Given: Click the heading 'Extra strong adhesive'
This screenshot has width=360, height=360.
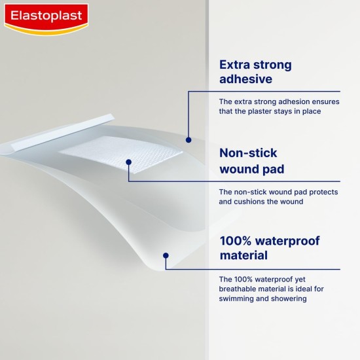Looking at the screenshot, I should [x=255, y=72].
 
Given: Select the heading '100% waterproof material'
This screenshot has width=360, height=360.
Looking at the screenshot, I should [x=270, y=247].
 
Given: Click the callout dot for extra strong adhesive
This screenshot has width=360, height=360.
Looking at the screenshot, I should [x=189, y=139].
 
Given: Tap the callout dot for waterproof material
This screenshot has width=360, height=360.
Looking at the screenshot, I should [x=166, y=255].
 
